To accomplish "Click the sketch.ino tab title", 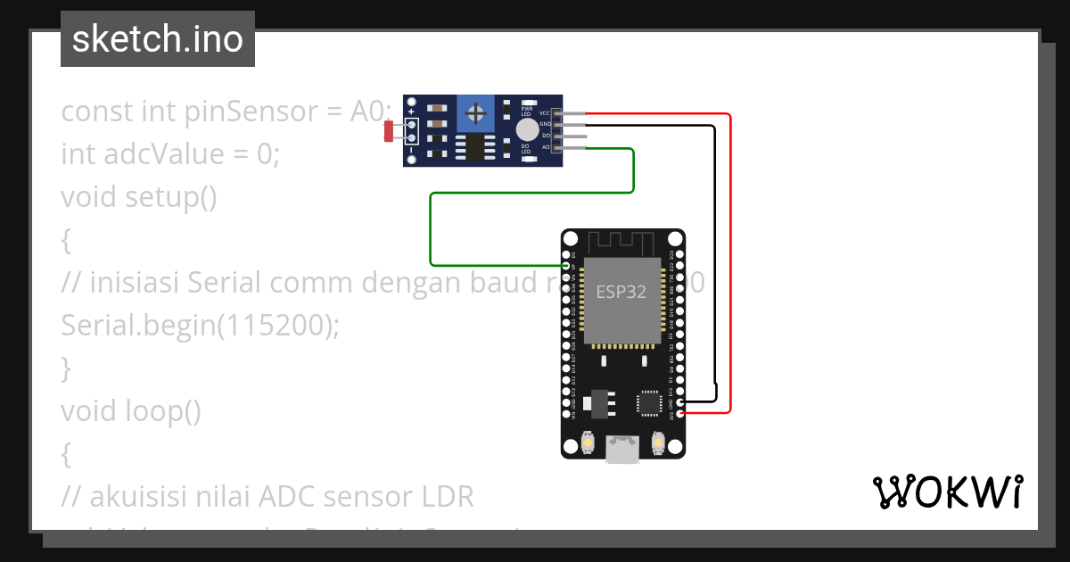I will [x=158, y=39].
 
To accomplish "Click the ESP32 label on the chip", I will [x=621, y=293].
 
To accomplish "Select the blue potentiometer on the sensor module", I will [x=478, y=113].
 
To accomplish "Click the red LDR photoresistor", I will [x=390, y=131].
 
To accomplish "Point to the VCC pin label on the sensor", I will [x=545, y=114].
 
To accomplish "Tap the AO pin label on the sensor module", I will [x=546, y=146].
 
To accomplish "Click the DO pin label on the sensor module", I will [x=546, y=136].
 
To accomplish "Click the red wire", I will [x=730, y=268].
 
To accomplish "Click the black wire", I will [x=715, y=268].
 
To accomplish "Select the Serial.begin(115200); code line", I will [x=201, y=326].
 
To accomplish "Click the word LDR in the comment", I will [x=445, y=497].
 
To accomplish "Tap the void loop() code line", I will [x=131, y=411].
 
